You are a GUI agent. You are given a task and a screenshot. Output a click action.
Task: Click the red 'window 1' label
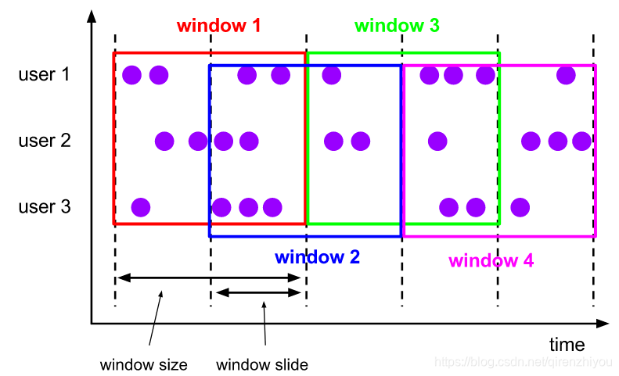(218, 25)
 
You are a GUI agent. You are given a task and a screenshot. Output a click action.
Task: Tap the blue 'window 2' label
(317, 256)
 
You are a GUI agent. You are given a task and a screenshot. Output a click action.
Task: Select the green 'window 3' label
(397, 25)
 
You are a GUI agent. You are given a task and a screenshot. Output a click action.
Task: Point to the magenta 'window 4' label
(491, 261)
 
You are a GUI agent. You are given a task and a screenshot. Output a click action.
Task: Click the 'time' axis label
(567, 345)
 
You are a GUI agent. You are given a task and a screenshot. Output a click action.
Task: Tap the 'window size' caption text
(144, 364)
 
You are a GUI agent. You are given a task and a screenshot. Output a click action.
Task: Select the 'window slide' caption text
(262, 364)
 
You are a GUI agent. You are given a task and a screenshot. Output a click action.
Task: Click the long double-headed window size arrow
(209, 278)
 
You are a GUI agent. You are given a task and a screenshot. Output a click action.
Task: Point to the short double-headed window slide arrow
(258, 293)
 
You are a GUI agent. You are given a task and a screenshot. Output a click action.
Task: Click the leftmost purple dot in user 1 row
(131, 75)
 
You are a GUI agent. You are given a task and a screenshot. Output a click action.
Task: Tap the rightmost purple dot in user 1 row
(565, 75)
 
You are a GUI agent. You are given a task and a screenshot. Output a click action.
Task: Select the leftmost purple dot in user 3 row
(140, 207)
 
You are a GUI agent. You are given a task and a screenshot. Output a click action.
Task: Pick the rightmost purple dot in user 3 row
(520, 207)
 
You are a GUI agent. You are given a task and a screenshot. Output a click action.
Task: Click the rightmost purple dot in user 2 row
(581, 141)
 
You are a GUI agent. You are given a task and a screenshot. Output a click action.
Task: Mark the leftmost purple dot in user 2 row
(164, 141)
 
